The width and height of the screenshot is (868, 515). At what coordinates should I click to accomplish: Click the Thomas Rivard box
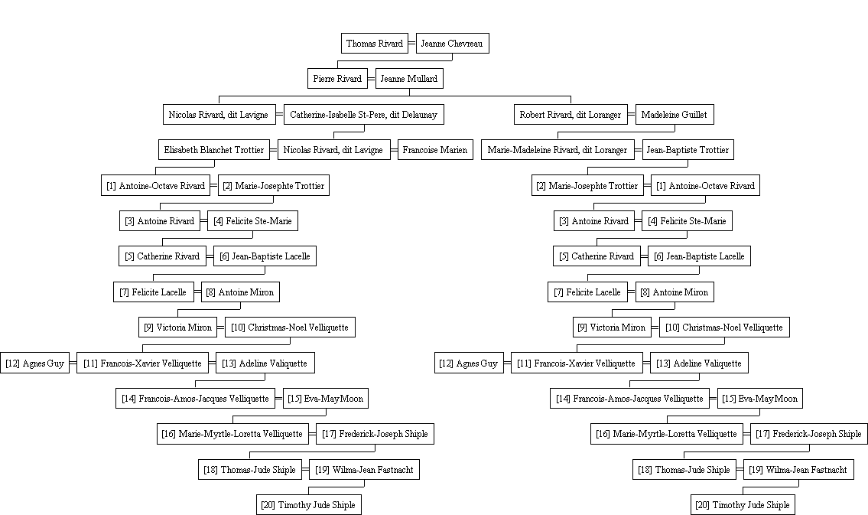(x=375, y=43)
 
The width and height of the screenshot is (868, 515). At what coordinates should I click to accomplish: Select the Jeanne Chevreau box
(x=452, y=43)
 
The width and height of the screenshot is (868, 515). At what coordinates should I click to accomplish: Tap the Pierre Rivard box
(x=337, y=79)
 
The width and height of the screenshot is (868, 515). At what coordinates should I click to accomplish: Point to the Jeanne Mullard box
(x=409, y=79)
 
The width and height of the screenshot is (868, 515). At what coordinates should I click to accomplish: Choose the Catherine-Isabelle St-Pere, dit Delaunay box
(x=364, y=115)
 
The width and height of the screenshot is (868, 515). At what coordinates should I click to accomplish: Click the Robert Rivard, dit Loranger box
(x=571, y=115)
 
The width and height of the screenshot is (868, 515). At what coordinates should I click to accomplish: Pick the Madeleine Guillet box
(x=675, y=115)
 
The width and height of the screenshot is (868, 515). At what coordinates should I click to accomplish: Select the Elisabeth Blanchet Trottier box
(x=213, y=149)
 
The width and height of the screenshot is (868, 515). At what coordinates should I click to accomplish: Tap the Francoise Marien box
(x=435, y=149)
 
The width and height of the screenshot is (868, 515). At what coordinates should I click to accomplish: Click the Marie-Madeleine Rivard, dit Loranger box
(x=558, y=149)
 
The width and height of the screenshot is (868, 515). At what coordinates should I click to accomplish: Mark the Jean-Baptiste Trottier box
(x=688, y=149)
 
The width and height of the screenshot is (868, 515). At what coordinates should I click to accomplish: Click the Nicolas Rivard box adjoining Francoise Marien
(x=333, y=149)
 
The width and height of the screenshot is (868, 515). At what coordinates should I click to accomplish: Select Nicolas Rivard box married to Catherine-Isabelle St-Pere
(x=219, y=115)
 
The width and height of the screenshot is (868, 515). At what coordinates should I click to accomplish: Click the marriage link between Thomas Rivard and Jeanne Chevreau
(x=412, y=43)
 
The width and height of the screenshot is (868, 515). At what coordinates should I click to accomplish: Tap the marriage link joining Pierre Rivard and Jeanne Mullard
(x=372, y=79)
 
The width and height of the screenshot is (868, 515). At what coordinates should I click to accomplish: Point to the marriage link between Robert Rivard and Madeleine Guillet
(x=632, y=115)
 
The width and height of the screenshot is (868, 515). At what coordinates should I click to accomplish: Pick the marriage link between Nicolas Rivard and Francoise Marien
(x=394, y=149)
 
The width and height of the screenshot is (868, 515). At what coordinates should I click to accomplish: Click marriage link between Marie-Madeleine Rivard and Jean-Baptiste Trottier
(x=639, y=149)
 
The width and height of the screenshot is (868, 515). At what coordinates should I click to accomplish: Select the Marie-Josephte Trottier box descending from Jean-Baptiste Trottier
(x=587, y=185)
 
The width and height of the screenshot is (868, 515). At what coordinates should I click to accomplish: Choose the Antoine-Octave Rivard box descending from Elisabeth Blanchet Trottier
(x=155, y=185)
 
